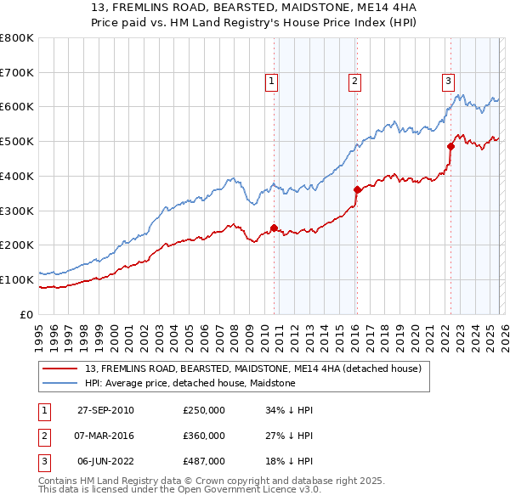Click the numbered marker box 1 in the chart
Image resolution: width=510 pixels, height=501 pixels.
[271, 82]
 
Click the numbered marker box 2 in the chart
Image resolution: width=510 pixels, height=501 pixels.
[354, 82]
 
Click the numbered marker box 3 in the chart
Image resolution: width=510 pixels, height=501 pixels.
[447, 82]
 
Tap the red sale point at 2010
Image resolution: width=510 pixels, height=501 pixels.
[274, 228]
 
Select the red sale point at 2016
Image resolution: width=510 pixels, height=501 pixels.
[356, 189]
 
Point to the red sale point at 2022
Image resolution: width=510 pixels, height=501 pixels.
[450, 146]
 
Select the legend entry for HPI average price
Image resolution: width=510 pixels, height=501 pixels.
[190, 383]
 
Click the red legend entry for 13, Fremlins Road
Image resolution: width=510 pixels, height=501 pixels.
[253, 369]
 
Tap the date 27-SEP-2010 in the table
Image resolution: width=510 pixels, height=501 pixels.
[105, 410]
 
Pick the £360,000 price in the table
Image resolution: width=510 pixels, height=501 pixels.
[204, 436]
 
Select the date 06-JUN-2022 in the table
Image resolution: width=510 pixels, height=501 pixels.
[105, 461]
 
